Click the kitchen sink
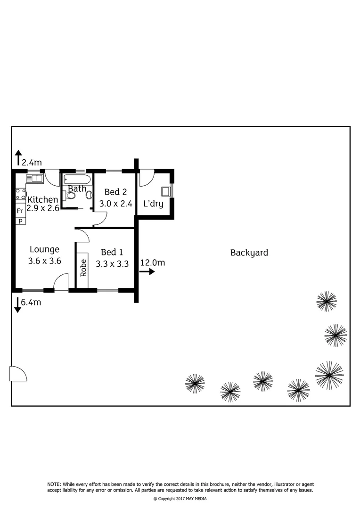click(34, 178)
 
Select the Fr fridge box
click(20, 211)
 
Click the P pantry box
click(20, 221)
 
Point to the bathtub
click(77, 179)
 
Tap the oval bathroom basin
click(88, 195)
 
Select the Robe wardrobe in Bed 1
click(83, 267)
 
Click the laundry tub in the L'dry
click(165, 191)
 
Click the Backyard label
click(249, 253)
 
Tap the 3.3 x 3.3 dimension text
click(112, 264)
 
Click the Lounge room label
click(45, 249)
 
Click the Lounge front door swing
click(60, 283)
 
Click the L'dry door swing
click(145, 177)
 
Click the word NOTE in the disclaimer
click(54, 484)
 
